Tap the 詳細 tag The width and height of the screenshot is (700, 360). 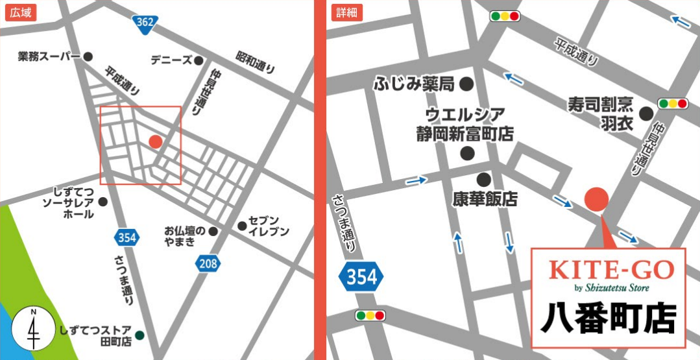click(x=347, y=12)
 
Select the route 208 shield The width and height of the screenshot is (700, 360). click(x=208, y=263)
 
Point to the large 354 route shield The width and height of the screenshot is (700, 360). click(x=361, y=278)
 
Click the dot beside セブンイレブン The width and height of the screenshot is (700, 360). click(x=242, y=226)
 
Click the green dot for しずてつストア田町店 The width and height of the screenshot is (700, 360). click(x=139, y=335)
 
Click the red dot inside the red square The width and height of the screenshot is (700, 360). click(x=155, y=141)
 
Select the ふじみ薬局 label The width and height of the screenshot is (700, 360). click(x=414, y=84)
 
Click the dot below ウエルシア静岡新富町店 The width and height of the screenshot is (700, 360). click(x=467, y=154)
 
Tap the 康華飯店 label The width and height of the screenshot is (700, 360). click(x=485, y=198)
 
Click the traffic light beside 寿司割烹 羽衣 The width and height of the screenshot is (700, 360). click(x=673, y=103)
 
